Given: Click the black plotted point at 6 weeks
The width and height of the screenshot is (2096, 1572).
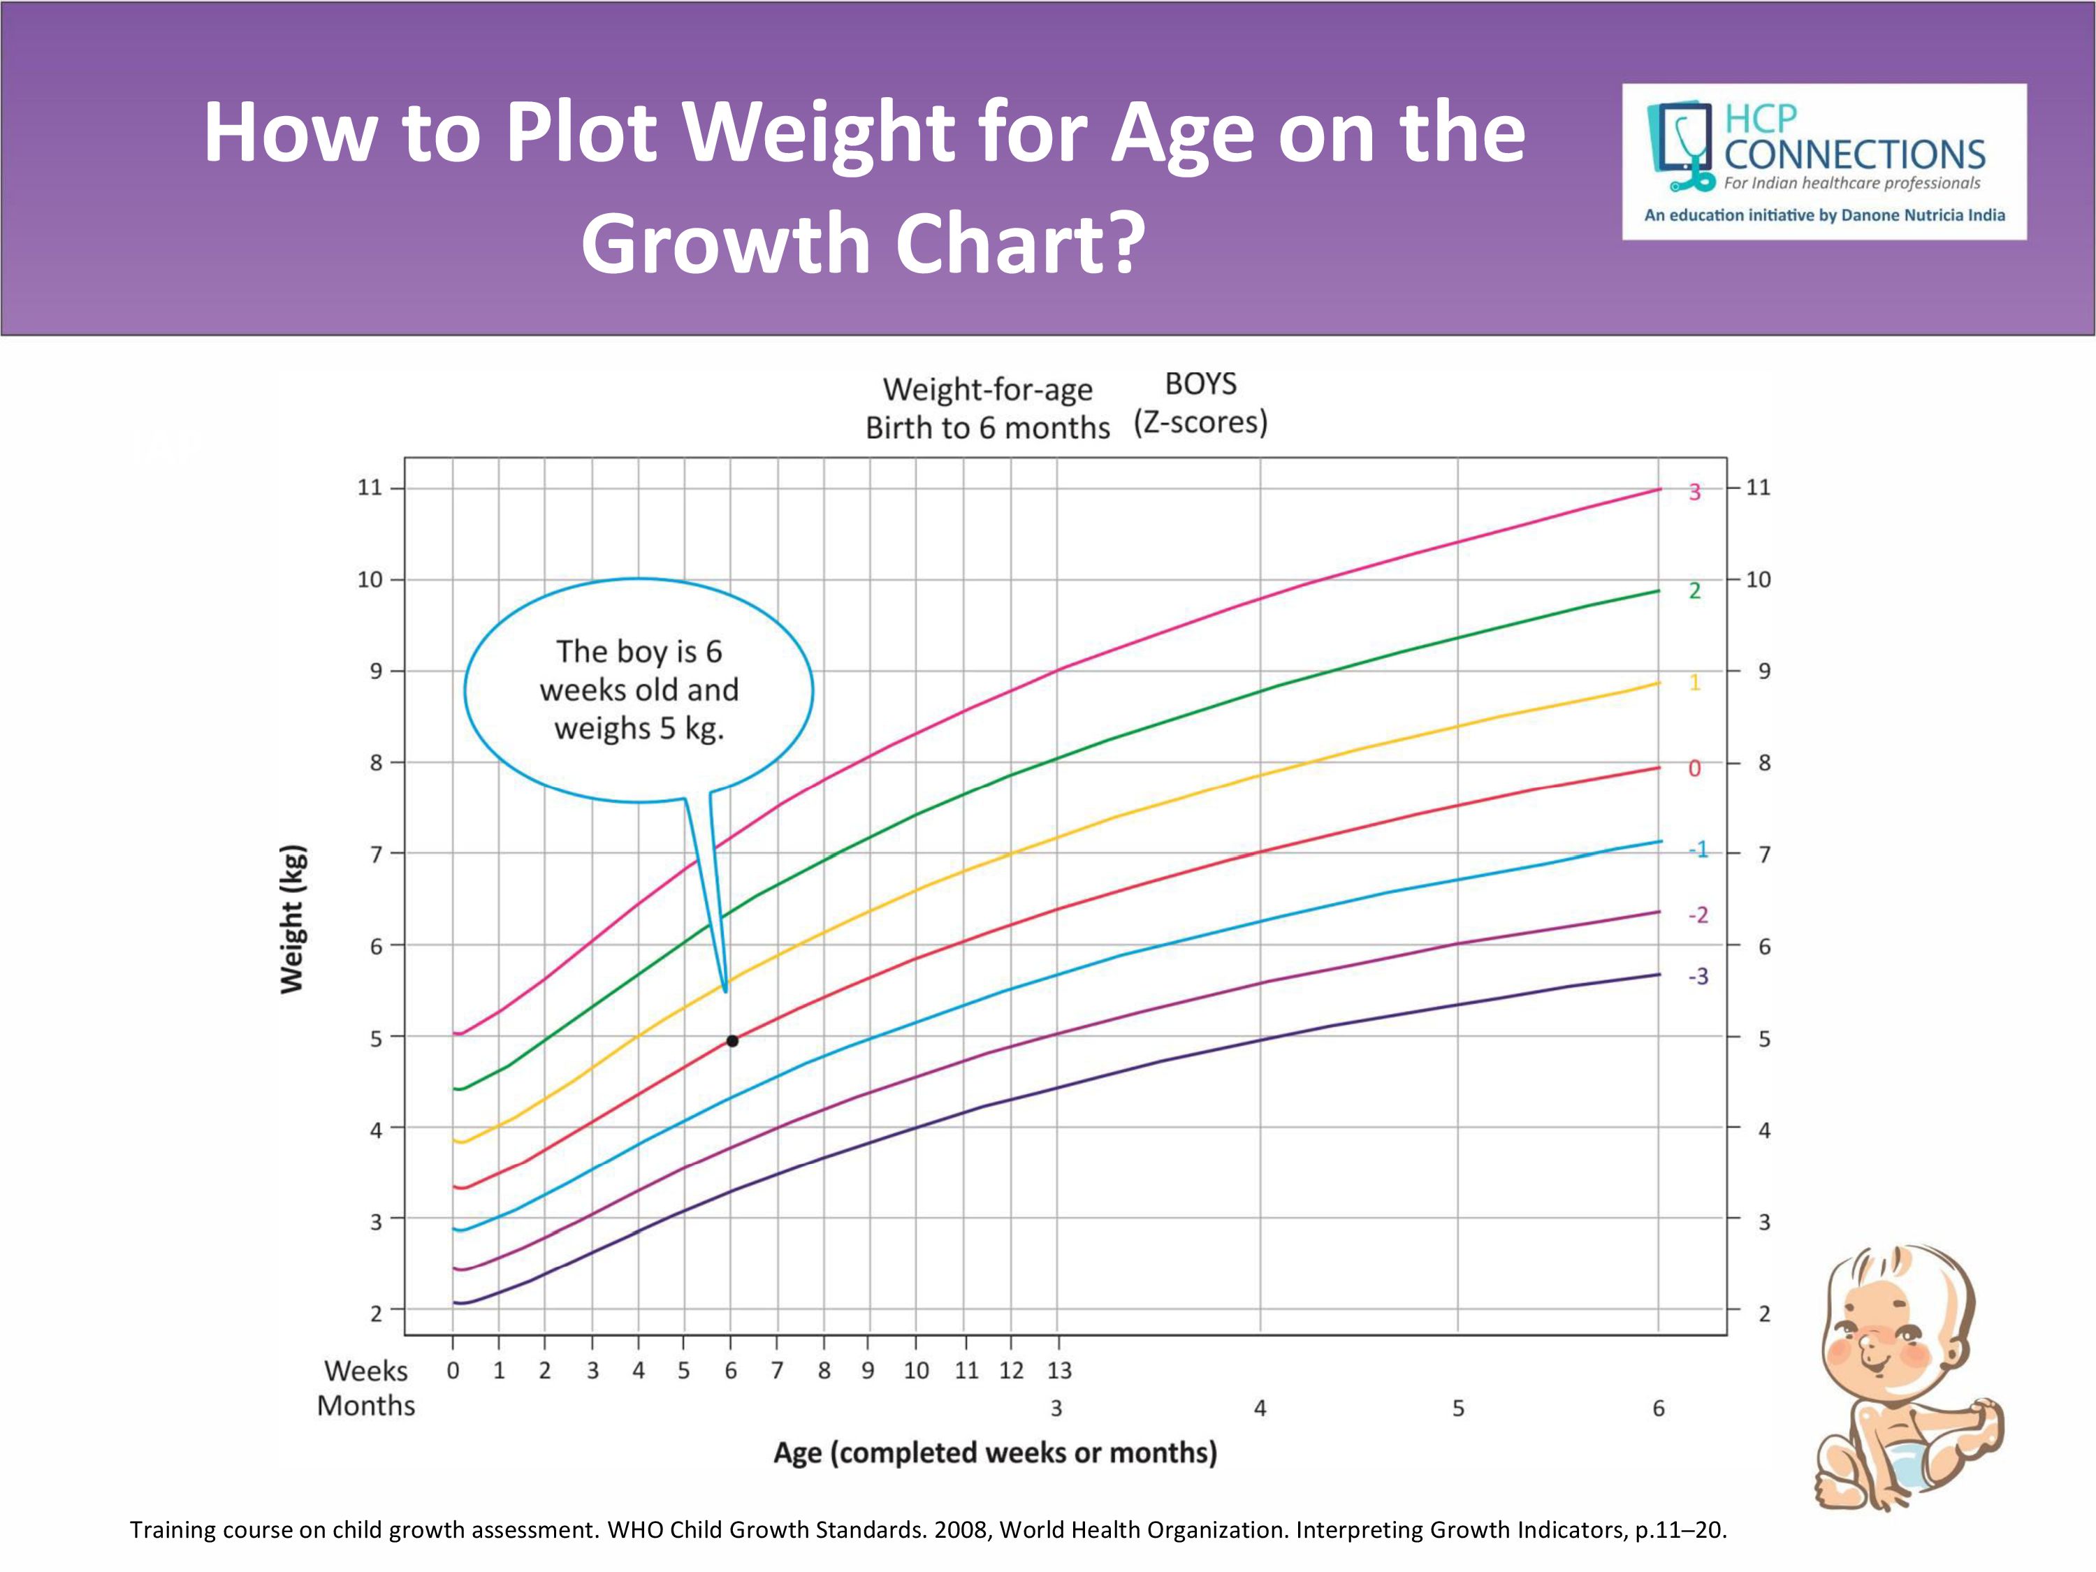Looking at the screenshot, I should [x=732, y=1040].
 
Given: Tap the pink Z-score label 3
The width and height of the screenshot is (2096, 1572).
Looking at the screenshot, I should [x=1695, y=492].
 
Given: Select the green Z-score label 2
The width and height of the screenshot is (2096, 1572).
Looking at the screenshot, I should [x=1695, y=590].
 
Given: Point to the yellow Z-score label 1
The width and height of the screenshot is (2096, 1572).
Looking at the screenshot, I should [x=1695, y=682].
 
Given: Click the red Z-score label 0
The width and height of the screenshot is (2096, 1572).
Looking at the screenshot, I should [x=1695, y=769].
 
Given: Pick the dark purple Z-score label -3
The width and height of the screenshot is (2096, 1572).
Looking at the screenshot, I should [x=1698, y=976].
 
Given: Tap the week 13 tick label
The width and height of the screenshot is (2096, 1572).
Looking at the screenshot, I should [x=1059, y=1370].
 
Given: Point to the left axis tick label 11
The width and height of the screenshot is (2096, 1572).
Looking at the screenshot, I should [x=370, y=487].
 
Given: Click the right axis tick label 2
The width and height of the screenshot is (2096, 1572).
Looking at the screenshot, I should [x=1764, y=1313].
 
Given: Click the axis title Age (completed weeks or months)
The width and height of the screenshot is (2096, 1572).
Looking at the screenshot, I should [x=995, y=1453].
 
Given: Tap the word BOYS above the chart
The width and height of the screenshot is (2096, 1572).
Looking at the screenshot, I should [x=1200, y=384].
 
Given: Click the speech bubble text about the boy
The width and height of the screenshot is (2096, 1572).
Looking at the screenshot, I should [x=639, y=690].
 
